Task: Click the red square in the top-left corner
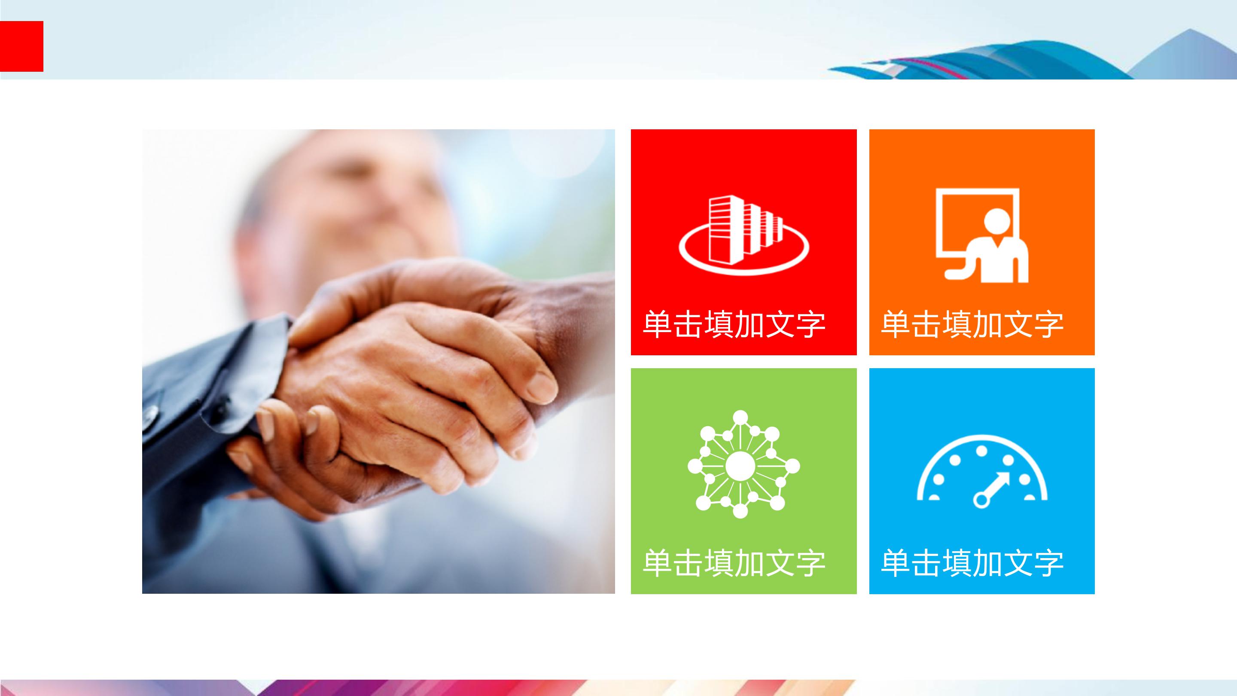click(x=21, y=46)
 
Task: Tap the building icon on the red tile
click(x=744, y=235)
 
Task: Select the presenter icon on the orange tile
click(x=982, y=235)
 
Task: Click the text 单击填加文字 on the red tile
click(x=734, y=325)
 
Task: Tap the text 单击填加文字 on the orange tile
click(x=972, y=325)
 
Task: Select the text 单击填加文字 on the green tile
click(x=734, y=563)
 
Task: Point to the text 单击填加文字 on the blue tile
click(x=972, y=563)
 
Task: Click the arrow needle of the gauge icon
click(x=993, y=488)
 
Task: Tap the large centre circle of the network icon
click(x=740, y=465)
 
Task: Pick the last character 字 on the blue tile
click(x=1049, y=563)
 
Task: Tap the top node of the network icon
click(x=740, y=416)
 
